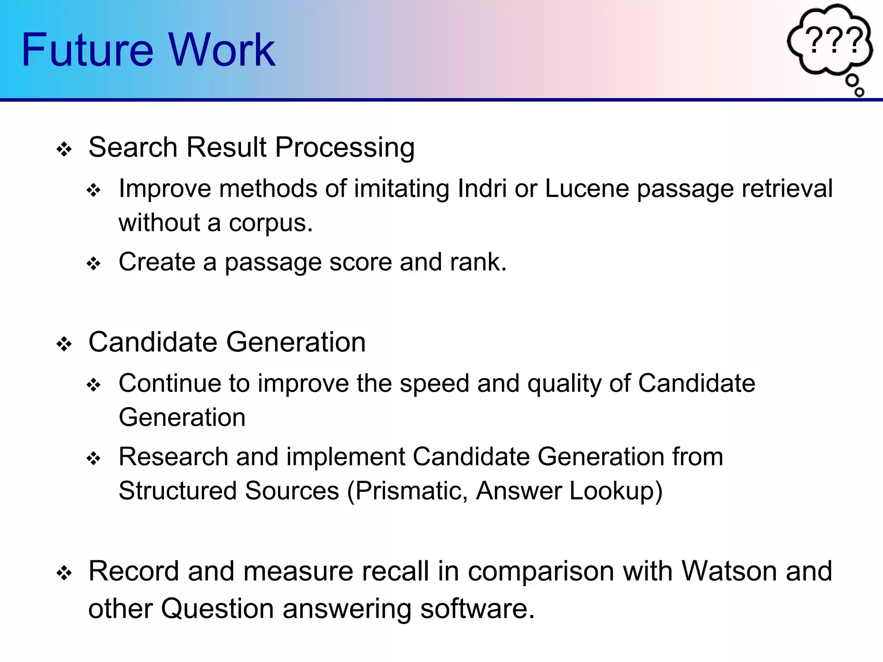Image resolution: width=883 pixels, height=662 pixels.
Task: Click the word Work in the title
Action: point(222,50)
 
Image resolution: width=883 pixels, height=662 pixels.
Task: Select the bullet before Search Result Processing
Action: point(64,150)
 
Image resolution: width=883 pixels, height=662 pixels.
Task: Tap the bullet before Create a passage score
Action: point(94,263)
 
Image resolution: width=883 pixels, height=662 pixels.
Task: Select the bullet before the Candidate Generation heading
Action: point(64,344)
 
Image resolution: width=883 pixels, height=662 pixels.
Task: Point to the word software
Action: point(477,609)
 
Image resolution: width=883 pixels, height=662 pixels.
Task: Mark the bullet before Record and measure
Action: point(64,574)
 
